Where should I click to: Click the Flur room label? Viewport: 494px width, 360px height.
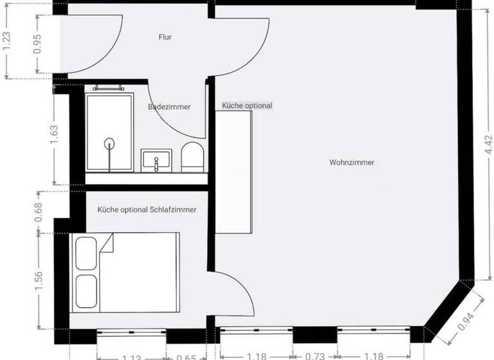click(165, 37)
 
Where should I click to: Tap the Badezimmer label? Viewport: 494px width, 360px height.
click(169, 107)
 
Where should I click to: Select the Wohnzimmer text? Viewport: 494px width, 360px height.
click(351, 163)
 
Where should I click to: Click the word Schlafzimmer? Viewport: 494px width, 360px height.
click(173, 210)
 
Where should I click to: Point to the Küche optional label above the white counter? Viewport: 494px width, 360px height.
click(247, 105)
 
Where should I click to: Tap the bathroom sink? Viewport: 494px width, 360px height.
click(156, 159)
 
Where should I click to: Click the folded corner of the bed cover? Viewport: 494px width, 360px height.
click(107, 242)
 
